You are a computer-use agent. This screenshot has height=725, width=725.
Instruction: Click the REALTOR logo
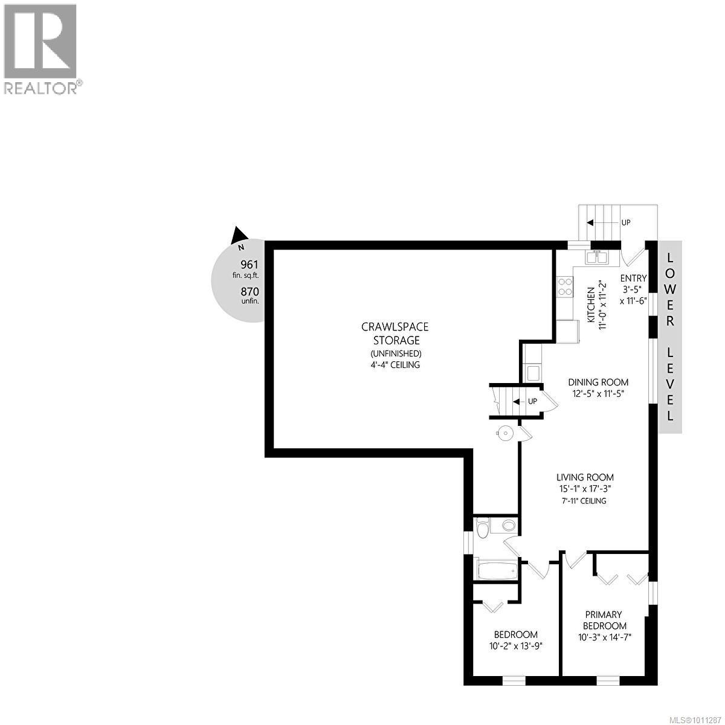pos(40,48)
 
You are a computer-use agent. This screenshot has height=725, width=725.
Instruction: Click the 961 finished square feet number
pos(249,264)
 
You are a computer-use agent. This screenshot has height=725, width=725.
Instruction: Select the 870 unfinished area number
pos(249,291)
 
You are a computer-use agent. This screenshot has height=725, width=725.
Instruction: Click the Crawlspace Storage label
pos(395,333)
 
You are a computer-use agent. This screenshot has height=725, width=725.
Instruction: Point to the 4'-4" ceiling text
pos(395,365)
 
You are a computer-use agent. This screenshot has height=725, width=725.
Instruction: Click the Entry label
pos(634,278)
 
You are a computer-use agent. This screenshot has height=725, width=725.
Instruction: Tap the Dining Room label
pos(598,382)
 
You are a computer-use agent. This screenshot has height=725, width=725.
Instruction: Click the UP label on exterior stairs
pos(626,222)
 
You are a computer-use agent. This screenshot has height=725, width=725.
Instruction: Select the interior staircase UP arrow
pos(518,401)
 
